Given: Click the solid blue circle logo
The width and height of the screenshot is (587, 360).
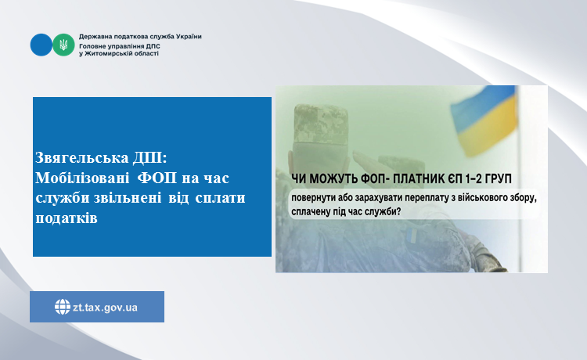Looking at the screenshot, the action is [x=41, y=45].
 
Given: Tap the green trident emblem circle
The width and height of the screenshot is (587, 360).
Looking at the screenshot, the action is [x=63, y=45].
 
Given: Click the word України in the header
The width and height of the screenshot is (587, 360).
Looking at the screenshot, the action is [x=189, y=37].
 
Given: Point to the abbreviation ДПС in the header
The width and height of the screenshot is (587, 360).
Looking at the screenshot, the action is [x=153, y=46].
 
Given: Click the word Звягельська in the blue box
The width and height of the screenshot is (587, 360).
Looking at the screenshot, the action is [x=82, y=158].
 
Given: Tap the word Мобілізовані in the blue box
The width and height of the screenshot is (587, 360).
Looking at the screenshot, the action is [x=82, y=178].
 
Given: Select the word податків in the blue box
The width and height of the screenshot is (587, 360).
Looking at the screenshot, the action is [x=67, y=218].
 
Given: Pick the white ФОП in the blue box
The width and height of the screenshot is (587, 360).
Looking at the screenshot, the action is [x=157, y=178].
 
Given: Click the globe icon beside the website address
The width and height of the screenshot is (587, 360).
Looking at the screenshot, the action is [x=62, y=307].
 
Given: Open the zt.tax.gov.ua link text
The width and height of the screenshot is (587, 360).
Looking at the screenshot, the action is [x=105, y=308].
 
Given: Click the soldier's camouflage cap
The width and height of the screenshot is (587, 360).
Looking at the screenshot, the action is [x=321, y=124].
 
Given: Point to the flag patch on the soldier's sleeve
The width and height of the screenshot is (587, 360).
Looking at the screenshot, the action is [x=411, y=234].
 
